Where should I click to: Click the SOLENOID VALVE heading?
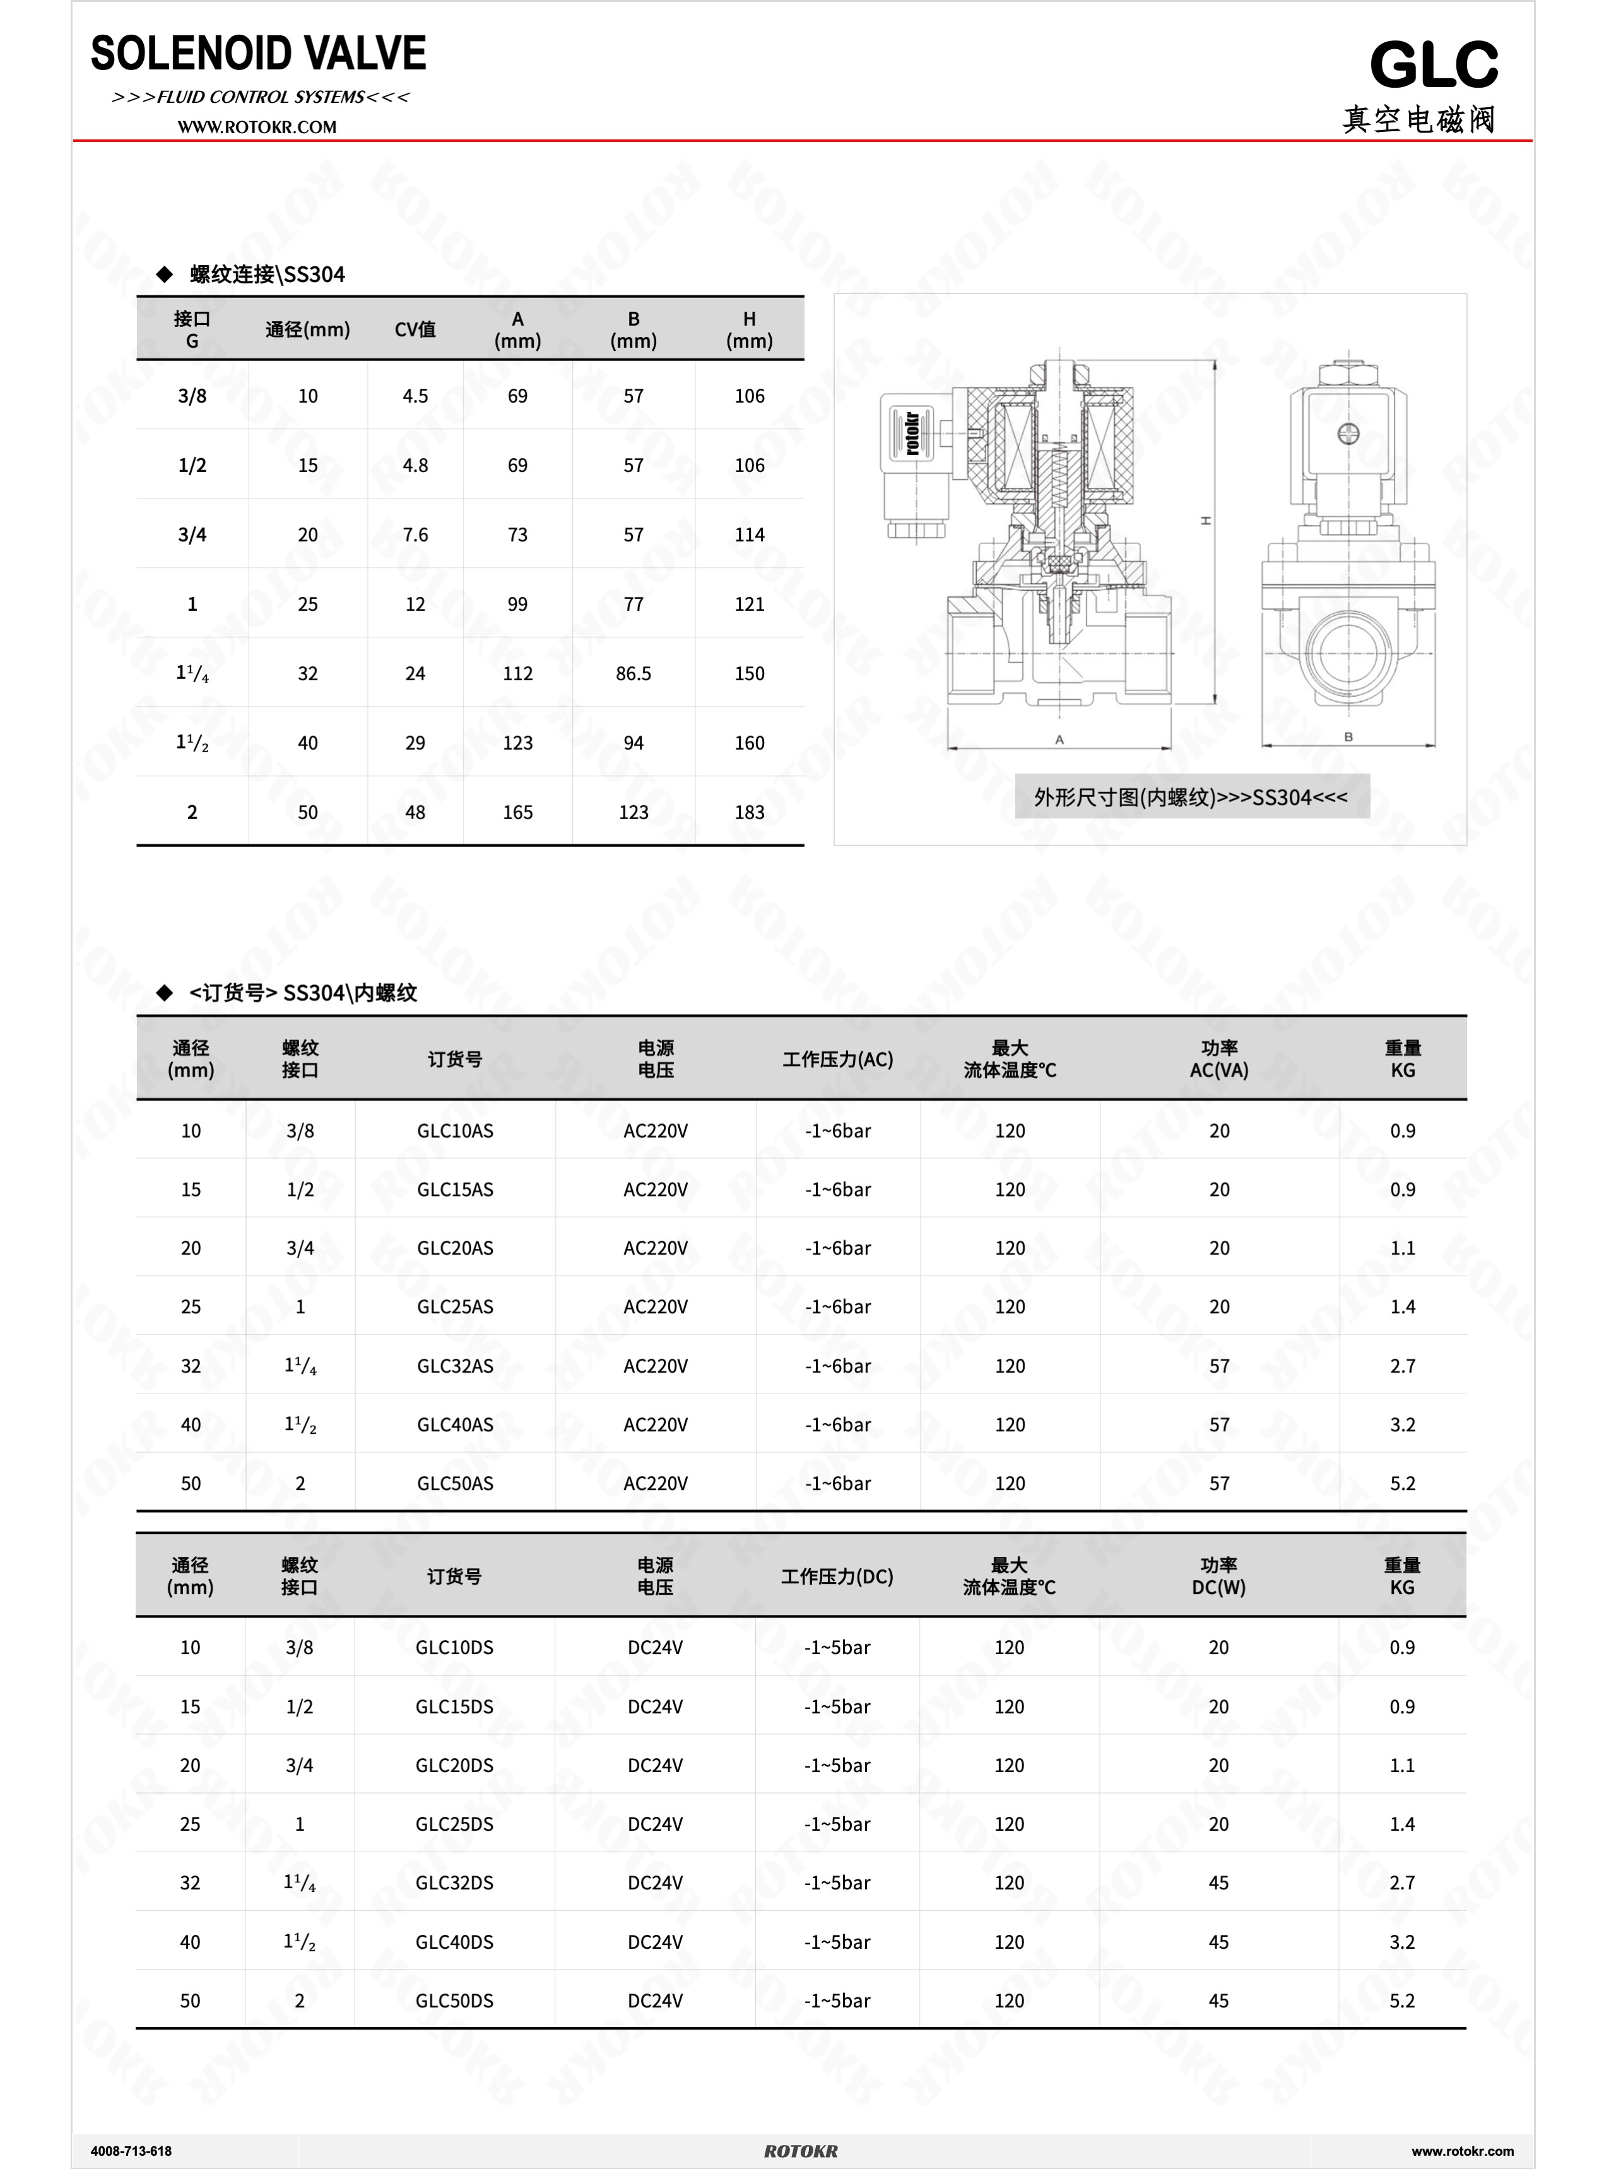tap(258, 54)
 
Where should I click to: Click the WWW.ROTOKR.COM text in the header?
tap(257, 127)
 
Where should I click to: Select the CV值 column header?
tap(415, 330)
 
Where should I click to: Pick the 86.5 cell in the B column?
tap(633, 673)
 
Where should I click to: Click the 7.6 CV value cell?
tap(415, 535)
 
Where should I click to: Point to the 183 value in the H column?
tap(749, 812)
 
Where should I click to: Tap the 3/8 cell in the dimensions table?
tap(192, 396)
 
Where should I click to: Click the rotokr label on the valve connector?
tap(912, 434)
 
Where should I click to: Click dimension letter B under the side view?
tap(1348, 737)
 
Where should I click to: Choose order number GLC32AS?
tap(455, 1366)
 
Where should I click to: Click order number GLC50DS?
tap(454, 2001)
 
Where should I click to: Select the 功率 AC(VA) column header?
tap(1218, 1059)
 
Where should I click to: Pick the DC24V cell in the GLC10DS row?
tap(654, 1647)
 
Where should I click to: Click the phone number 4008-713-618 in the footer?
tap(131, 2151)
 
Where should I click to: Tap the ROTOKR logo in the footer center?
tap(801, 2151)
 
